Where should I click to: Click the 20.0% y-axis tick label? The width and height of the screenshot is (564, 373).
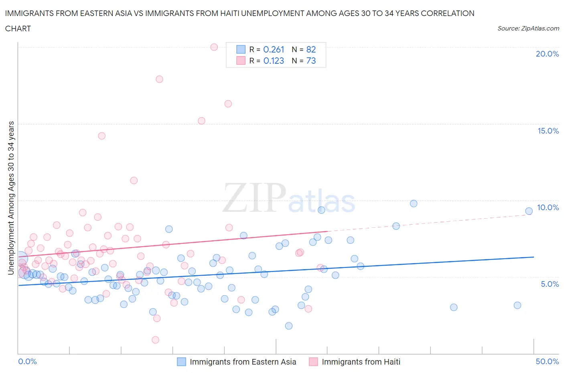[x=547, y=54]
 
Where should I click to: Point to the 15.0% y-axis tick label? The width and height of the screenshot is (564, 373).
[x=548, y=131]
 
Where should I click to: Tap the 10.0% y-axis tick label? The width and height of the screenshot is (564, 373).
[x=548, y=207]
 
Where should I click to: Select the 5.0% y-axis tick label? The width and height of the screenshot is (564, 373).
[x=550, y=284]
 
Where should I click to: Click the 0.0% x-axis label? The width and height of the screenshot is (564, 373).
[x=27, y=361]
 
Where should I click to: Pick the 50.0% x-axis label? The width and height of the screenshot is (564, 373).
[x=547, y=361]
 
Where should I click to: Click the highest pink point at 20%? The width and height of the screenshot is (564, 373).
[x=214, y=47]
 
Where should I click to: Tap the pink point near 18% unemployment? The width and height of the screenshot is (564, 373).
[x=159, y=79]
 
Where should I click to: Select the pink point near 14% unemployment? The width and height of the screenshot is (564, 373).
[x=101, y=136]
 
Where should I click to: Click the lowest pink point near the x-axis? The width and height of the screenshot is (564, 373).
[x=155, y=340]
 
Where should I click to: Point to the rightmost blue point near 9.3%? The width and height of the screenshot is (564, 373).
[x=529, y=211]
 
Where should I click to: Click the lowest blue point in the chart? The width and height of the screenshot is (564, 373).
[x=289, y=326]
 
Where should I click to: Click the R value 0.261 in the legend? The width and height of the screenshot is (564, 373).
[x=274, y=49]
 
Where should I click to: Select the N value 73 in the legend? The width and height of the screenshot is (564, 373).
[x=311, y=61]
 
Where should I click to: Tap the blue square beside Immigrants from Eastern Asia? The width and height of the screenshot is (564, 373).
[x=181, y=362]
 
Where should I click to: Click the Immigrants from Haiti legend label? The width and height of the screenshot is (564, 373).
[x=361, y=362]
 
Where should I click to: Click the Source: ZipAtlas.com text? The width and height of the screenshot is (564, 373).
[x=528, y=28]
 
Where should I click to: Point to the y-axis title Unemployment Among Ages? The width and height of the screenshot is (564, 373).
[x=11, y=198]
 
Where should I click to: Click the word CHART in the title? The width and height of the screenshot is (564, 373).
[x=18, y=28]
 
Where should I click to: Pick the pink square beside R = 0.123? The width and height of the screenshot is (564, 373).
[x=241, y=61]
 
